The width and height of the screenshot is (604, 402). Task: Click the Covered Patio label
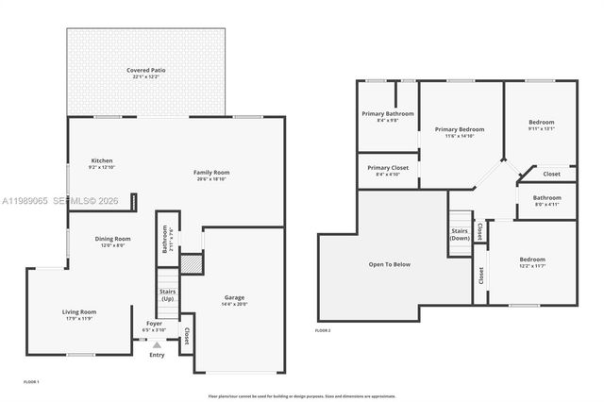point(145,71)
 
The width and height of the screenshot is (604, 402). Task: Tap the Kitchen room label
point(102,160)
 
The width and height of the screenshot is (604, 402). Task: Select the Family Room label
point(211,173)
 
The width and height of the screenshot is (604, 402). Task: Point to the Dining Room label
point(112,239)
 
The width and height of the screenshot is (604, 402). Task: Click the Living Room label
point(79,311)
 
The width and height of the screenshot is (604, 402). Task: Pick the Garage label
point(234,297)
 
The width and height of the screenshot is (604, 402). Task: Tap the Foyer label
point(154,324)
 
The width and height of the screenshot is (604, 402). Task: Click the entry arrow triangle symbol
point(157,344)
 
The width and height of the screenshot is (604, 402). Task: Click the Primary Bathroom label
point(380,114)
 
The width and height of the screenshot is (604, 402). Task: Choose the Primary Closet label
point(387,168)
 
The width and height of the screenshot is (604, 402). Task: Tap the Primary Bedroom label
point(460,128)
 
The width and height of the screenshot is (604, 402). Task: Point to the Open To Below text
point(389,264)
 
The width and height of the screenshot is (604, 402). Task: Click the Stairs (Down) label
point(460,234)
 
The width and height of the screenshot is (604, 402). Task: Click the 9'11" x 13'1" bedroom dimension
point(541,128)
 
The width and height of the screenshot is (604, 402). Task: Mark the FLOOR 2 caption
point(322,331)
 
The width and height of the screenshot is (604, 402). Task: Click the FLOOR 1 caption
point(31,380)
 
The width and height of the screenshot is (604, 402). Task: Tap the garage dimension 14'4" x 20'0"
point(234,305)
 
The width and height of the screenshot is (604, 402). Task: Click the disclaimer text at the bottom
point(301,396)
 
